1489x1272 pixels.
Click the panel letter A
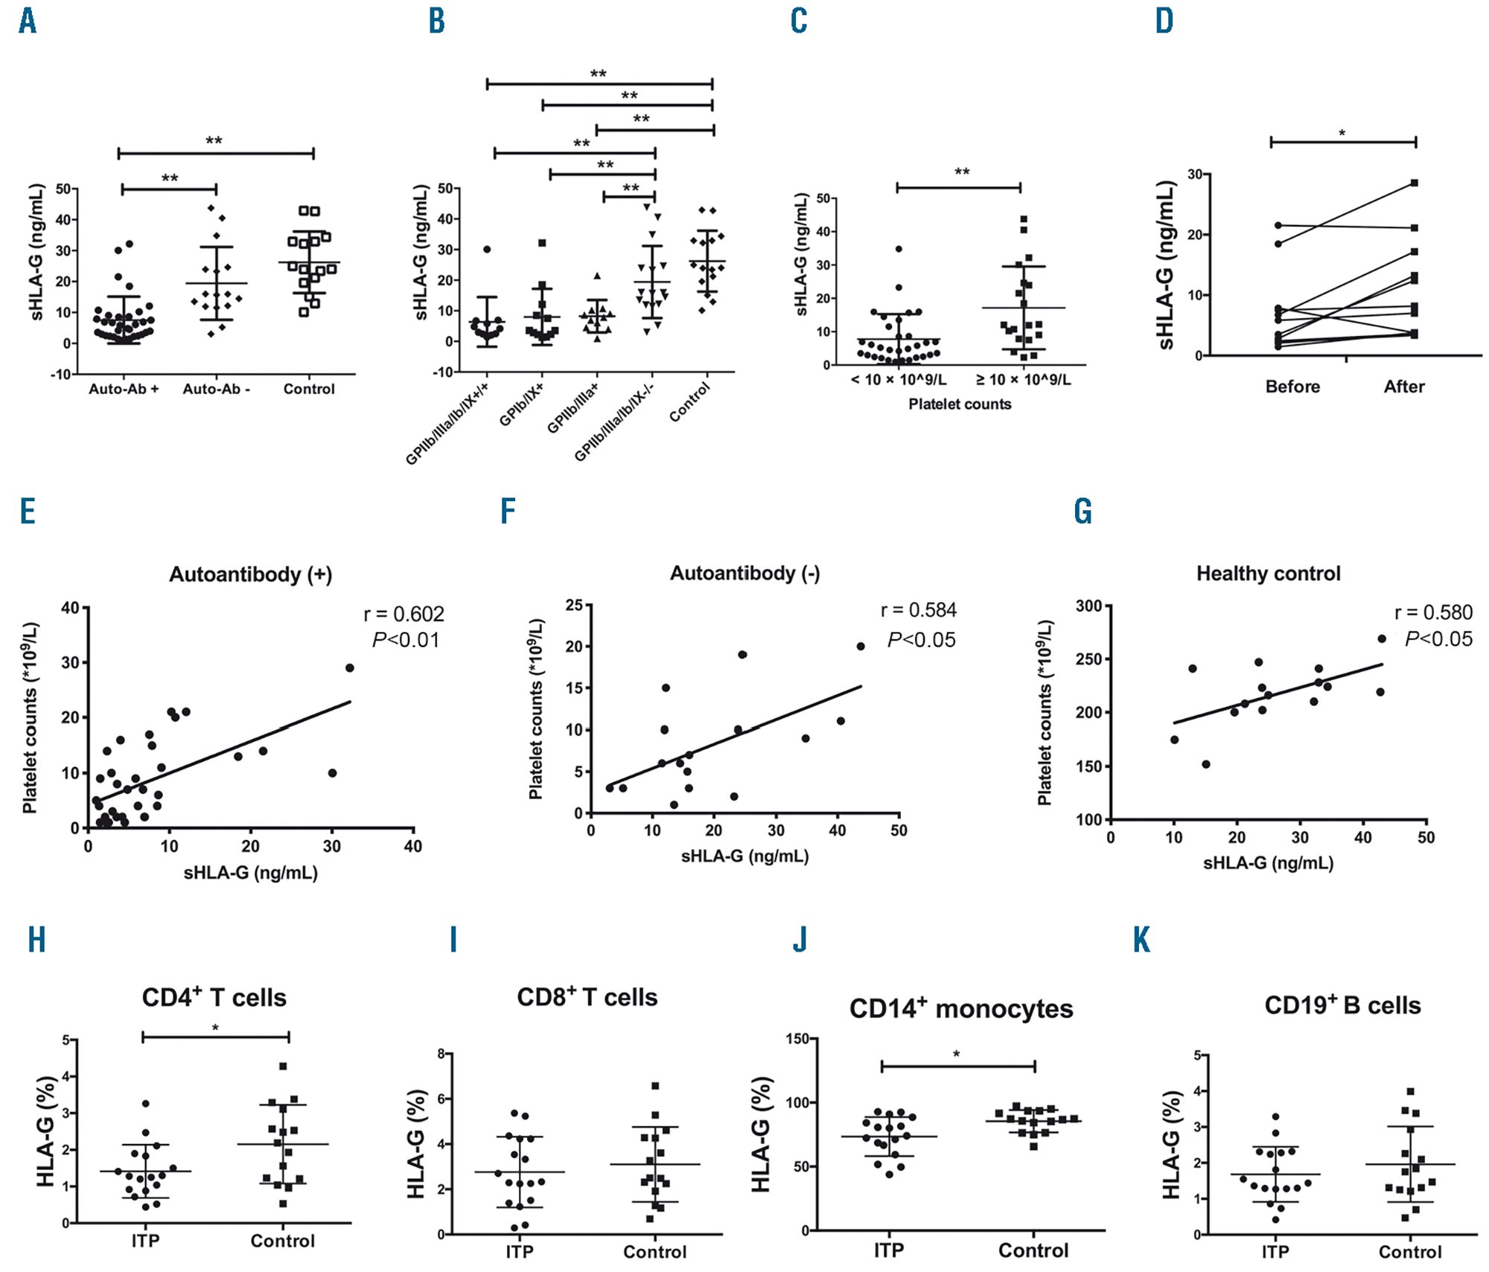(x=28, y=21)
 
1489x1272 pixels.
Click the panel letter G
(x=1083, y=512)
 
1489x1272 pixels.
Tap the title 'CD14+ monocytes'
(x=960, y=1009)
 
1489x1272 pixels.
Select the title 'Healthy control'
(x=1268, y=573)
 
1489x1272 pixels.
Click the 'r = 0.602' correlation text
(x=404, y=614)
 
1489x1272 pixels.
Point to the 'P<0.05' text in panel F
(x=921, y=640)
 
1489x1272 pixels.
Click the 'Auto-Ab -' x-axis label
(x=216, y=389)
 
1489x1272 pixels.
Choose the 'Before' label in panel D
(x=1292, y=387)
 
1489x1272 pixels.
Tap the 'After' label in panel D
(x=1404, y=387)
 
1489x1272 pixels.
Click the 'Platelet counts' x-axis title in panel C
(x=960, y=404)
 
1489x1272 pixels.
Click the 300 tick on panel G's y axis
(x=1088, y=606)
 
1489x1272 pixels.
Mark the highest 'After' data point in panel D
(x=1414, y=182)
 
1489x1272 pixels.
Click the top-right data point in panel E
(x=349, y=667)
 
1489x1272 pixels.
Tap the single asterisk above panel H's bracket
(x=215, y=1028)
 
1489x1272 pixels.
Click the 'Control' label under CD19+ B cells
(x=1409, y=1252)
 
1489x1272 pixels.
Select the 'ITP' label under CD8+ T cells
(x=519, y=1252)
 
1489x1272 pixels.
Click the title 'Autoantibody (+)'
(x=250, y=575)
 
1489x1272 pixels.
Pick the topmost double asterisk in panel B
(x=598, y=74)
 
